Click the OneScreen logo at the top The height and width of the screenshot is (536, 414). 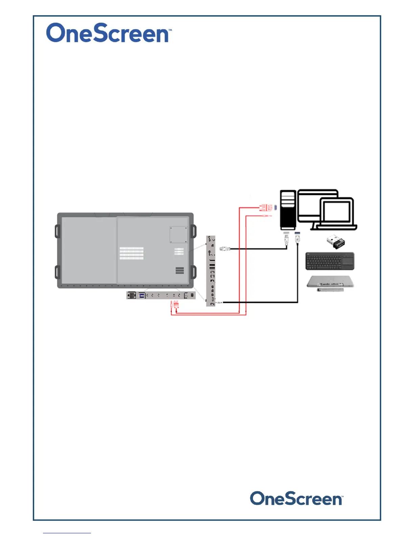(109, 33)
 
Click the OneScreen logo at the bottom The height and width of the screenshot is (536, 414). (296, 499)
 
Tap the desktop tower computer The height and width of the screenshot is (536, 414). (288, 210)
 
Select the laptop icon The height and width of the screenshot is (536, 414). (337, 214)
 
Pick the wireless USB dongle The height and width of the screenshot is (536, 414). (336, 241)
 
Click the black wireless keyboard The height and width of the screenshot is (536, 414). (330, 261)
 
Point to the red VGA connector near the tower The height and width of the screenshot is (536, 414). (266, 207)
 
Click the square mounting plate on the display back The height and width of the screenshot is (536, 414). (178, 234)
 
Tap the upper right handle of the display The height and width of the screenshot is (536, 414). (193, 231)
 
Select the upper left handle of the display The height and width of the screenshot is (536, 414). (57, 231)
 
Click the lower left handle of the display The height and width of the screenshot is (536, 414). (57, 272)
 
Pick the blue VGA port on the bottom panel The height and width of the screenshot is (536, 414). (142, 296)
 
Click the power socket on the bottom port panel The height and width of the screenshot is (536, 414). (131, 296)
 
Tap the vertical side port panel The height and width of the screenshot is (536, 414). (211, 271)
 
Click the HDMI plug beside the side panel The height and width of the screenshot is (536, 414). (225, 249)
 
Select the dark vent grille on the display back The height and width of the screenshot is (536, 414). (180, 270)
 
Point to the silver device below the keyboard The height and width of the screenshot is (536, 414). (330, 282)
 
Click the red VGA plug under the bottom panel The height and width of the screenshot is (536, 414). (176, 305)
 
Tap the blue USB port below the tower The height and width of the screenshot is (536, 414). (297, 233)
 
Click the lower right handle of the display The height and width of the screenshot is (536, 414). (193, 272)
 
